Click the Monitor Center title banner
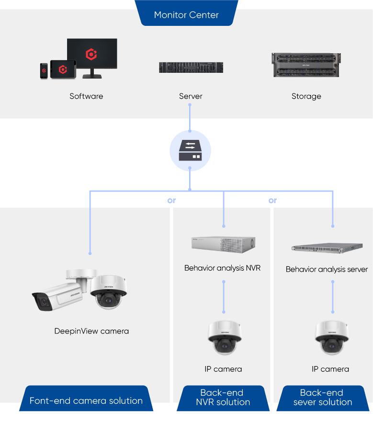coord(186,14)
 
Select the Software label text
coord(86,96)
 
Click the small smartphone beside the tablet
coord(44,70)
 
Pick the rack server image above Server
coord(191,67)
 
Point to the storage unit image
coord(306,65)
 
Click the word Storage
coord(306,96)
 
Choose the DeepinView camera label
coord(91,331)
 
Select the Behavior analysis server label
coord(327,269)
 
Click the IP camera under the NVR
coord(224,338)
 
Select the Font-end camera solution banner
coord(86,401)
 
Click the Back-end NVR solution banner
coord(223,398)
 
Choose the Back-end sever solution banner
coord(322,398)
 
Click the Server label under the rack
coord(191,96)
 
